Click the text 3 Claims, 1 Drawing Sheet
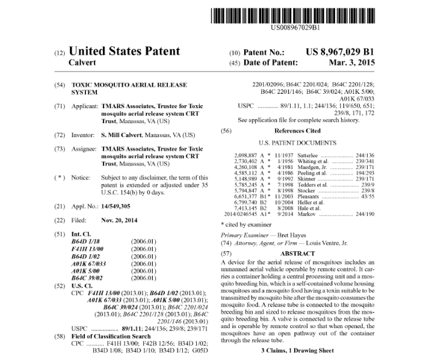[298, 350]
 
